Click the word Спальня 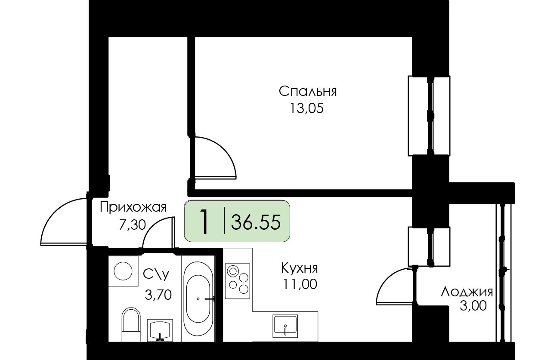pos(308,92)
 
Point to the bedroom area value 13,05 pos(307,108)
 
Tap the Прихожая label pos(133,207)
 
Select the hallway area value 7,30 pos(132,225)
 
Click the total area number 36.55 pos(256,222)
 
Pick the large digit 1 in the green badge pos(204,222)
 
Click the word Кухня pos(300,268)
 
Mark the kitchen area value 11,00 pos(300,284)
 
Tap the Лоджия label pos(467,292)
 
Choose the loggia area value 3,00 pos(473,306)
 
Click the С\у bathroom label pos(156,274)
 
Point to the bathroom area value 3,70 pos(158,295)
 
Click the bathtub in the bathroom pos(198,298)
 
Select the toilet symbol pos(131,324)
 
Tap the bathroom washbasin pos(160,330)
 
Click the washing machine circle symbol pos(123,271)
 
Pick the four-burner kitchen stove pos(238,281)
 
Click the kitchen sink pos(285,326)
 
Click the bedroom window pos(429,116)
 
